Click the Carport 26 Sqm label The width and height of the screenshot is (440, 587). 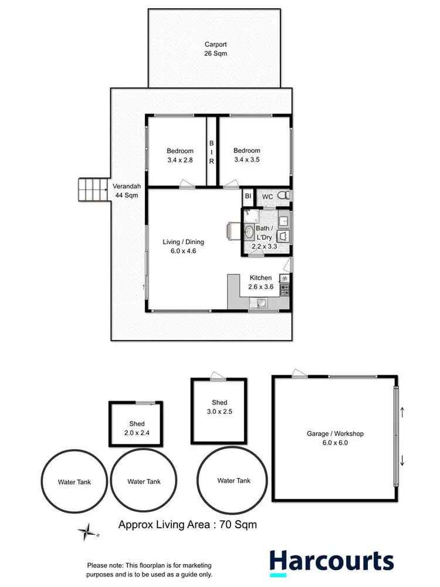pyautogui.click(x=215, y=49)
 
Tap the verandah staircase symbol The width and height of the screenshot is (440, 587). pyautogui.click(x=93, y=191)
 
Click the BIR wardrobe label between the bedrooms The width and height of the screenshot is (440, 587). pyautogui.click(x=211, y=151)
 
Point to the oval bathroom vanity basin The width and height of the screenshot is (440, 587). pyautogui.click(x=248, y=230)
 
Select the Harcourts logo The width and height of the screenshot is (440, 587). pyautogui.click(x=331, y=561)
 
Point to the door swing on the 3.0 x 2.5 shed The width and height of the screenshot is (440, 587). pyautogui.click(x=218, y=375)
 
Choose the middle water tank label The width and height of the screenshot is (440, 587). pyautogui.click(x=144, y=481)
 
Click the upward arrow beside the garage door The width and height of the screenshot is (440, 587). pyautogui.click(x=402, y=413)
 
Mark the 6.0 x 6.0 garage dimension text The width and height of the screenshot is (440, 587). pyautogui.click(x=335, y=443)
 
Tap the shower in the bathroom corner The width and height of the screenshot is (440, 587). pyautogui.click(x=249, y=214)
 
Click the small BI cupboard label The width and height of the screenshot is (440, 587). pyautogui.click(x=248, y=196)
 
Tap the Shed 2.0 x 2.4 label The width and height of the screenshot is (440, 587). pyautogui.click(x=137, y=428)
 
